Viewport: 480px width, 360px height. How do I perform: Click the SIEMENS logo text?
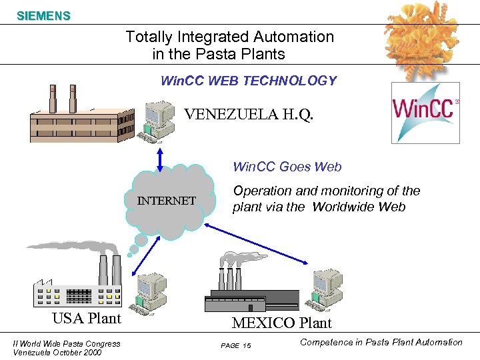point(43,16)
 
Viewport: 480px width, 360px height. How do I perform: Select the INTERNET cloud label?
point(167,201)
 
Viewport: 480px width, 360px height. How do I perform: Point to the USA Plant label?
point(87,318)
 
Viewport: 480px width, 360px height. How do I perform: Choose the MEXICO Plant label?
point(281,323)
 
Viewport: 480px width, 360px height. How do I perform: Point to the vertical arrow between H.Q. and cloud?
point(160,159)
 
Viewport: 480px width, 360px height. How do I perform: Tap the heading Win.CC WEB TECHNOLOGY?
point(249,81)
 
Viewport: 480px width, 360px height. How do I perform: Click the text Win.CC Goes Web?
point(287,167)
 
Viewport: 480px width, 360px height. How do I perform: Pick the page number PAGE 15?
point(235,345)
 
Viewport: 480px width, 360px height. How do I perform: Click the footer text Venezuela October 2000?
point(57,353)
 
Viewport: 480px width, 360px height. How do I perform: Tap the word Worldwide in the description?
point(344,207)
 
